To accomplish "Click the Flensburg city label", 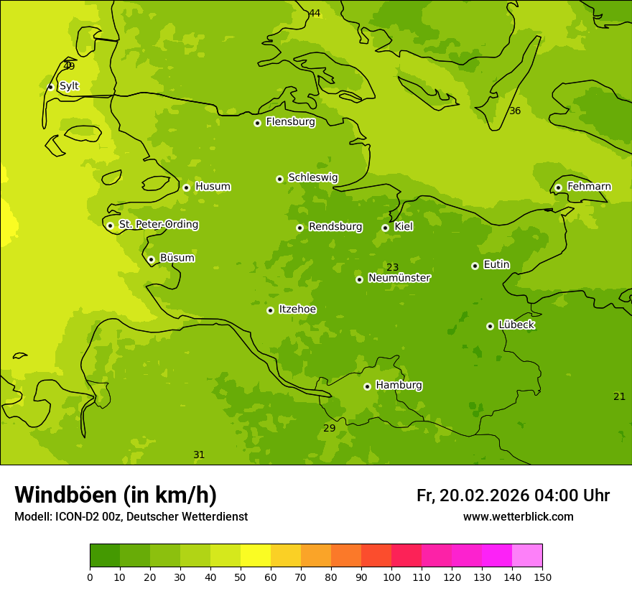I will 290,122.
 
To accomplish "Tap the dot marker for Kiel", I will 385,228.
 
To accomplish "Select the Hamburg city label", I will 399,386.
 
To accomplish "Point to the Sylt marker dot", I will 50,87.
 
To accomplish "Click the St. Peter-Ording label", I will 158,225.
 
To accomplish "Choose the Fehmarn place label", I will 589,187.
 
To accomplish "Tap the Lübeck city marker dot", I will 490,326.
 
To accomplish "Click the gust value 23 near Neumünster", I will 393,268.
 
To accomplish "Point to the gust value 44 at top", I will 315,14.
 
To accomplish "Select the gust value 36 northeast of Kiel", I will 515,111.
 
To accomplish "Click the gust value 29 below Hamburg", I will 329,429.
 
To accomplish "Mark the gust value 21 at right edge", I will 619,397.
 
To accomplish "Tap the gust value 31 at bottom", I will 199,455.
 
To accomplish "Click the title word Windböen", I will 65,495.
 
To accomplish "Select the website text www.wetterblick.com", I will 518,517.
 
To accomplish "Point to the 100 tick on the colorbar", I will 391,577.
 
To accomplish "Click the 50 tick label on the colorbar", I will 241,577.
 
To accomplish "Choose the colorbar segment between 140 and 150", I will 527,556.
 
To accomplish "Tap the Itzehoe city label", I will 297,309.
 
